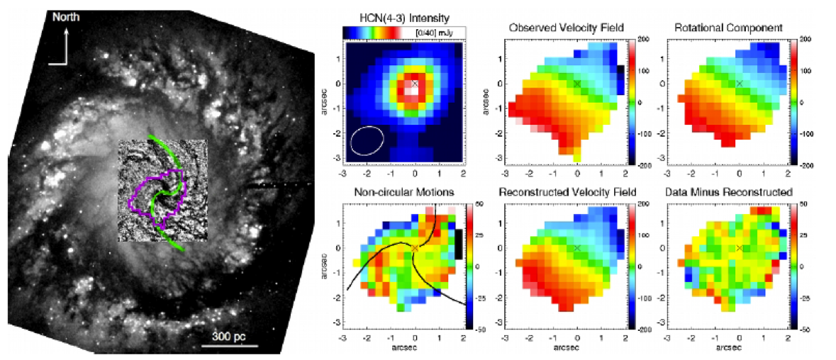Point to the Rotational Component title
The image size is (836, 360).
(x=728, y=28)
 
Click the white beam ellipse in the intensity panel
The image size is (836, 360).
(x=367, y=139)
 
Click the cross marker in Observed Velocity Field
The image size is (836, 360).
(x=577, y=84)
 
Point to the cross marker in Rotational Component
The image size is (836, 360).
(x=740, y=84)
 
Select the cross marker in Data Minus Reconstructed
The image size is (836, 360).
(x=740, y=248)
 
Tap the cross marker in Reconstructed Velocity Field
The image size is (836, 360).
(x=577, y=248)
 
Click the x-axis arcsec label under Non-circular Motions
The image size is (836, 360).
(x=403, y=349)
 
